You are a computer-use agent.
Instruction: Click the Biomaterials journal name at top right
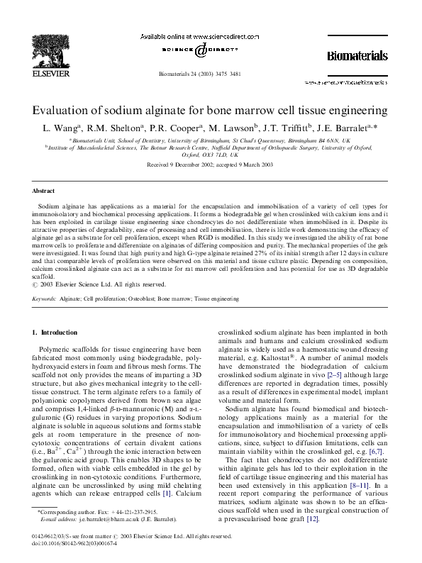(357, 55)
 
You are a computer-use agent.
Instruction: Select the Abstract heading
(45, 191)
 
